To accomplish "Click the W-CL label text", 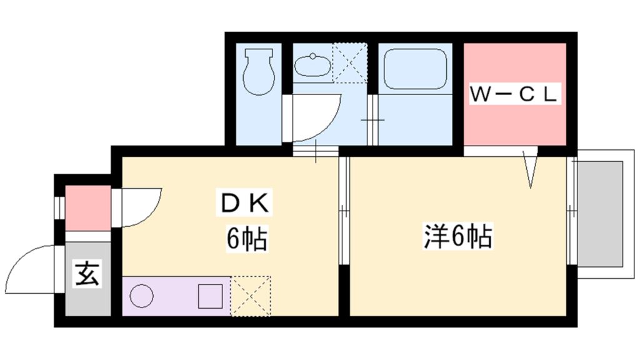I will point(513,95).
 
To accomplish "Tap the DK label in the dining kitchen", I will point(244,203).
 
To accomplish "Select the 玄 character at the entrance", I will point(87,274).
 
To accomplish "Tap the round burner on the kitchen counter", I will point(142,296).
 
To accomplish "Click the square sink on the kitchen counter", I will point(210,296).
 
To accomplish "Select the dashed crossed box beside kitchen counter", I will point(251,296).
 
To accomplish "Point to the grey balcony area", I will point(600,214).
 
